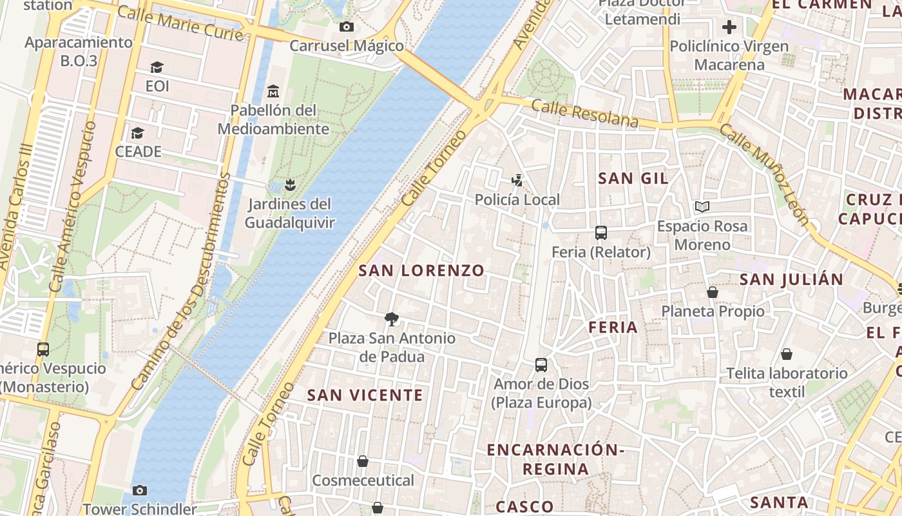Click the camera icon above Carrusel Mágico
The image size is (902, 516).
click(x=346, y=27)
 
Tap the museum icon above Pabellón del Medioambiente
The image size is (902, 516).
click(x=273, y=91)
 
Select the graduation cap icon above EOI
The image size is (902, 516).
click(x=157, y=67)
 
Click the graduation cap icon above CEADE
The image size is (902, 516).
click(x=137, y=133)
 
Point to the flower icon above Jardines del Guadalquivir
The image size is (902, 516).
click(x=290, y=185)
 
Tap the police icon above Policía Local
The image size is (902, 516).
click(x=517, y=181)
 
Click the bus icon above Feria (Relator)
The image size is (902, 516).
click(x=601, y=233)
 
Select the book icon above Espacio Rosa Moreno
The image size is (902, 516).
click(x=702, y=207)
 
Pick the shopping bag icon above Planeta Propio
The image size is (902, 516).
click(x=713, y=292)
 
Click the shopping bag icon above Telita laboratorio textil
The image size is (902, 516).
click(x=786, y=354)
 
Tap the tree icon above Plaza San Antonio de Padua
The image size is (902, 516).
click(x=391, y=319)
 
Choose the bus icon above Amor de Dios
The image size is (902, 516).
click(x=541, y=365)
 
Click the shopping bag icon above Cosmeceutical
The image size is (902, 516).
click(x=363, y=461)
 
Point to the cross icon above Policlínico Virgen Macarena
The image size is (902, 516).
click(x=729, y=27)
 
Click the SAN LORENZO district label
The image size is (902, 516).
click(x=421, y=270)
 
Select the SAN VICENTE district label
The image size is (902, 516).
click(x=365, y=395)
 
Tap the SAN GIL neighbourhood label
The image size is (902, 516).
click(x=633, y=178)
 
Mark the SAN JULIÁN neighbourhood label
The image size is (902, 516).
click(x=791, y=279)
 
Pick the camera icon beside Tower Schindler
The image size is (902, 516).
click(x=140, y=491)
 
